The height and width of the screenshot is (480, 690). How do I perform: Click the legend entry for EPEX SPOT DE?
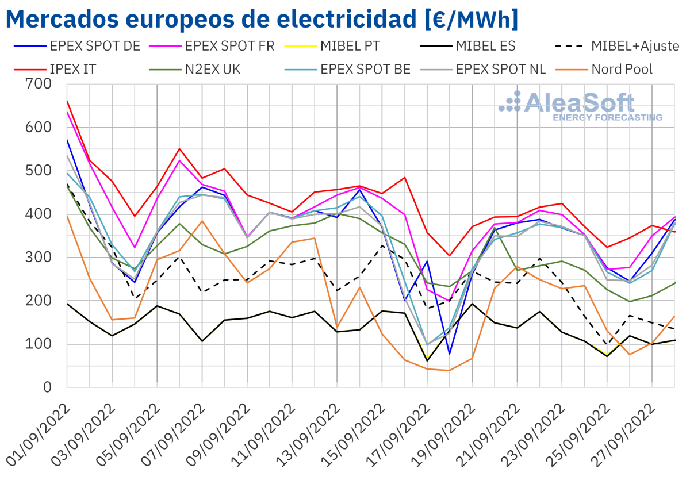click(95, 46)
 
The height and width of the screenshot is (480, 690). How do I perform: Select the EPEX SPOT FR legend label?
click(229, 46)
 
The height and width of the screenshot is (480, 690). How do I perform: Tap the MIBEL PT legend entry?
click(350, 46)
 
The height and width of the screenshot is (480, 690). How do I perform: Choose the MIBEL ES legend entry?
click(485, 46)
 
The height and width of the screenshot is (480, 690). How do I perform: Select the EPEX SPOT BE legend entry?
click(365, 70)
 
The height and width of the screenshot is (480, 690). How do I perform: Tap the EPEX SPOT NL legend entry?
click(500, 70)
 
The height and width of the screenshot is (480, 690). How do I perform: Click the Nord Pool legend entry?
click(622, 70)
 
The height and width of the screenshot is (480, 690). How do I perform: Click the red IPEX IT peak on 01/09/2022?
click(67, 101)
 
